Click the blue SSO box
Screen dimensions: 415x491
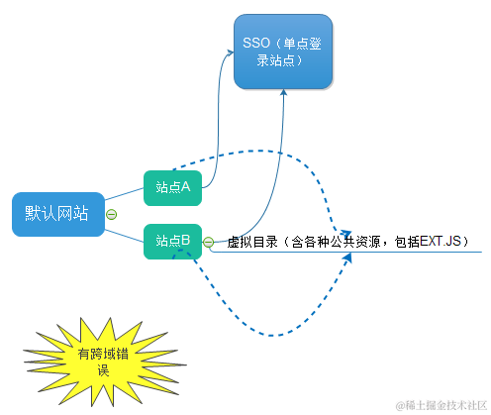click(x=283, y=52)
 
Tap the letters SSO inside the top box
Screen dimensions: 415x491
click(x=254, y=44)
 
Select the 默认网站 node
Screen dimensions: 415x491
click(x=57, y=213)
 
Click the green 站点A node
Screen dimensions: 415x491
click(x=172, y=184)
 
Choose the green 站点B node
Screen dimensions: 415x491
click(x=172, y=241)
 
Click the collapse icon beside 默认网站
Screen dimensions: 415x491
click(x=112, y=214)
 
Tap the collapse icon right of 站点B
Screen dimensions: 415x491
click(x=209, y=242)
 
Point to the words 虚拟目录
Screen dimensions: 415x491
click(x=248, y=242)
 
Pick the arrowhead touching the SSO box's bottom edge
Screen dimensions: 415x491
click(x=284, y=92)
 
